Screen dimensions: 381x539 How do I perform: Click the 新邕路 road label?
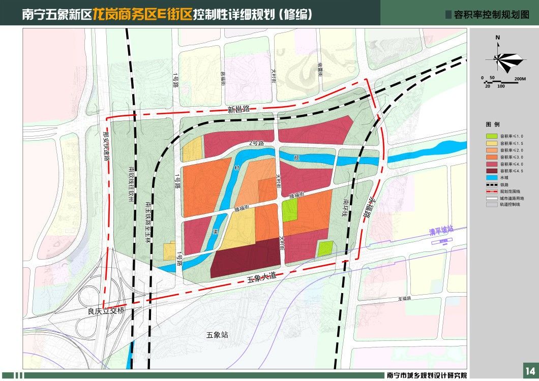pyautogui.click(x=238, y=109)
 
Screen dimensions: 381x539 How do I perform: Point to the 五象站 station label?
pyautogui.click(x=218, y=335)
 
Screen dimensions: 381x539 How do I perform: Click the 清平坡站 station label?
pyautogui.click(x=439, y=231)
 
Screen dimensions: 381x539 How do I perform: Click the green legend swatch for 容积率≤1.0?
pyautogui.click(x=491, y=137)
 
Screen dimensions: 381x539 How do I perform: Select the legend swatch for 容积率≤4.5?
pyautogui.click(x=491, y=171)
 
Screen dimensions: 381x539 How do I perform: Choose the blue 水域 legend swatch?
pyautogui.click(x=491, y=178)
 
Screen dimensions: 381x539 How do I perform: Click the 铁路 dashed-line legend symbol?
pyautogui.click(x=491, y=185)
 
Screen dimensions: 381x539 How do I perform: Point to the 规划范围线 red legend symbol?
pyautogui.click(x=491, y=192)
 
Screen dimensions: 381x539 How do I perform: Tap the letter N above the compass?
pyautogui.click(x=498, y=38)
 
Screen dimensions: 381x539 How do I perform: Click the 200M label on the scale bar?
pyautogui.click(x=520, y=78)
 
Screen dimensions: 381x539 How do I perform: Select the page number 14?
pyautogui.click(x=529, y=370)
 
